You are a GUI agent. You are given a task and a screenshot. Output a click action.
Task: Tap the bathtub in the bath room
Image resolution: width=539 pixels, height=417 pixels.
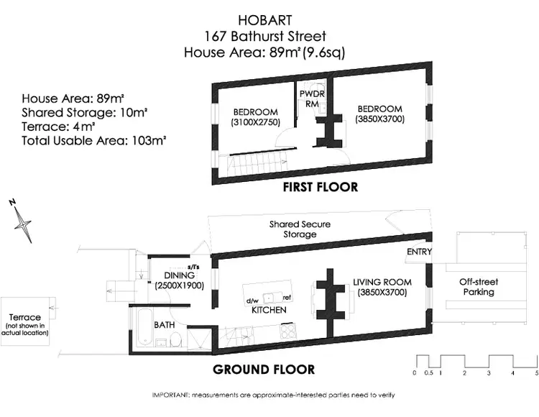pos(144,328)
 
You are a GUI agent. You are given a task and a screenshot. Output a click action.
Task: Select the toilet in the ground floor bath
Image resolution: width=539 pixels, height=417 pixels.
pos(175,339)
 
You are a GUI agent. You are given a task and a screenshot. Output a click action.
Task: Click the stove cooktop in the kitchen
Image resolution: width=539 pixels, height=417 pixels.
pos(288,331)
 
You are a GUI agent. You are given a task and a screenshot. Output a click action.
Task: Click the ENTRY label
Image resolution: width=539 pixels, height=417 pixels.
pos(419,252)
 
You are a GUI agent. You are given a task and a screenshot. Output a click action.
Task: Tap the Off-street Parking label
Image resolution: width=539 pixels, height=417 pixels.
pos(479,287)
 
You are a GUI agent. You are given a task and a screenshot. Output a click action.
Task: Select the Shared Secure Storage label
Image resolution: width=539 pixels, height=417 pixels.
pos(300,229)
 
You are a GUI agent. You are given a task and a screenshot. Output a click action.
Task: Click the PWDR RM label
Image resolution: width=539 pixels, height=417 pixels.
pos(312,98)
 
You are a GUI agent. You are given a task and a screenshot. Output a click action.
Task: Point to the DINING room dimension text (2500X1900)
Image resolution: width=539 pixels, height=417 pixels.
pos(180,285)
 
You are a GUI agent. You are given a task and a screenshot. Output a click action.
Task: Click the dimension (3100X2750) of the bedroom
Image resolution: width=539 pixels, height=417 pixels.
pos(256,122)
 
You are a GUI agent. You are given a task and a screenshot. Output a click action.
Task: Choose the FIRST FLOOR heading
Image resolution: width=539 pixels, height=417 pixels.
pos(321,187)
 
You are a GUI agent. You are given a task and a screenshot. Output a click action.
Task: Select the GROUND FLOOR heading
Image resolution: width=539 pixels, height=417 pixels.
pos(264,370)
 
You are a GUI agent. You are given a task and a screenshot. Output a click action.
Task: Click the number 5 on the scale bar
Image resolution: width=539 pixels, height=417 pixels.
pos(536,373)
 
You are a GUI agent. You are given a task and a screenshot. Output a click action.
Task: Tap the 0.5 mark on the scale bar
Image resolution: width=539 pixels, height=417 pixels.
pos(428,373)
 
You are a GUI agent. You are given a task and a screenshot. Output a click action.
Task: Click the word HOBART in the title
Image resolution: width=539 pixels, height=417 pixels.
pos(265,20)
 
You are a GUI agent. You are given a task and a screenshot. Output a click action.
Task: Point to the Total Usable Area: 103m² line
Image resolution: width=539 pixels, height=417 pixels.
pos(94,141)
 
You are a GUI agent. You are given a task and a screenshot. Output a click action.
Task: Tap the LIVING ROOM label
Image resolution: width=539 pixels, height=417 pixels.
pos(382,283)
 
